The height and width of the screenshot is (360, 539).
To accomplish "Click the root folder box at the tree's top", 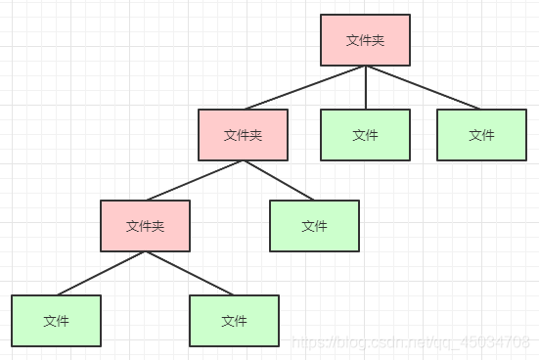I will click(365, 40).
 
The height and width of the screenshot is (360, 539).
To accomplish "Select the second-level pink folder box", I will click(243, 135).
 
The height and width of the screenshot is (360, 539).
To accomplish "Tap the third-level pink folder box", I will click(145, 226).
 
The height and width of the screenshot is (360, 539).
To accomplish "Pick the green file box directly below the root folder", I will click(365, 135).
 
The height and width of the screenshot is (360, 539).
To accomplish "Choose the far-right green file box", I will click(481, 135).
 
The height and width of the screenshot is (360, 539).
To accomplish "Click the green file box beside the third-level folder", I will click(314, 226).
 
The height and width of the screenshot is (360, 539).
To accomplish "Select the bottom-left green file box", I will click(56, 321).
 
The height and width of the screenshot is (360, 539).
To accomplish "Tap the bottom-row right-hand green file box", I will click(234, 321).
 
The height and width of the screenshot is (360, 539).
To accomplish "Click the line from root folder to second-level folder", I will click(304, 87).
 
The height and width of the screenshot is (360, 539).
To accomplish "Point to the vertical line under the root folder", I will click(365, 87).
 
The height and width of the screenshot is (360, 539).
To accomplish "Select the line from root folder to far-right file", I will click(423, 87).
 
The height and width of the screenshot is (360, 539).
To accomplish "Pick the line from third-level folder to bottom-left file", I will click(101, 273).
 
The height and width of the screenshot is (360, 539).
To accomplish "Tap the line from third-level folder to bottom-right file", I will click(190, 273).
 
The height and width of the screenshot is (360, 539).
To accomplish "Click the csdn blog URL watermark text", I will click(415, 343).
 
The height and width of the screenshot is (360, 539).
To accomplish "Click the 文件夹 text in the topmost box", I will click(365, 40).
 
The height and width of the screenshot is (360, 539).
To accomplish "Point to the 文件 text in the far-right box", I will click(481, 135).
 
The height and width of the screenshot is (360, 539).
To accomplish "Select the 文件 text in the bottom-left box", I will click(56, 321).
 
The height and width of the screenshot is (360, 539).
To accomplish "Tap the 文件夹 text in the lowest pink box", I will click(145, 226).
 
